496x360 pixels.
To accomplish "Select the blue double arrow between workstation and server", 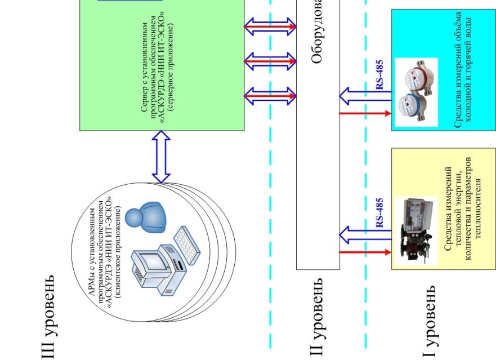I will click(162, 157).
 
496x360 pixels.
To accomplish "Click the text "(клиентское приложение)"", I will click(119, 247).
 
